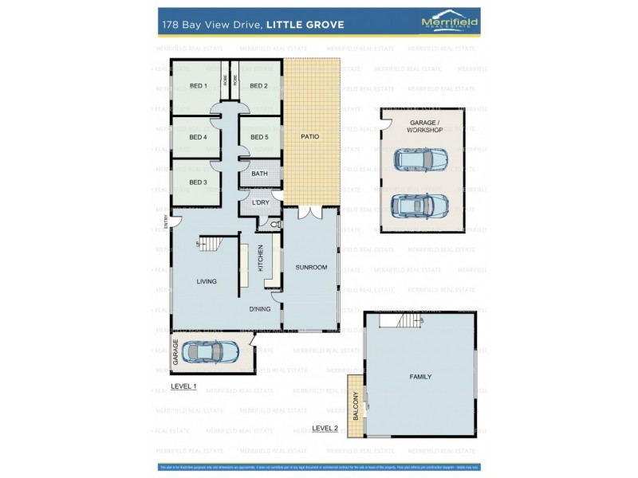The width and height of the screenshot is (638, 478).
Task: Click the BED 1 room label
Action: click(x=198, y=86)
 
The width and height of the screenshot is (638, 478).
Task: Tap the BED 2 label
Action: click(x=258, y=86)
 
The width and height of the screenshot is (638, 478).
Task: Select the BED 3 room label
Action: click(x=198, y=182)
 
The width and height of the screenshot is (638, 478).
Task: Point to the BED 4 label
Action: click(x=198, y=137)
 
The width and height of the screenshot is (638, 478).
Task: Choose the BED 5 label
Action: click(x=258, y=137)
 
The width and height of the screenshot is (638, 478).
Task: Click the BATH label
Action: click(x=259, y=174)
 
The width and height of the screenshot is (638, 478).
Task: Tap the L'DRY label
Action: click(x=260, y=204)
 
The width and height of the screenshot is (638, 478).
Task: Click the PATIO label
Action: click(x=309, y=137)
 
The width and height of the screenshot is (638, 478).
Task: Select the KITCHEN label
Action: click(x=261, y=258)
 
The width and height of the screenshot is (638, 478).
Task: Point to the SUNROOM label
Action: click(x=311, y=267)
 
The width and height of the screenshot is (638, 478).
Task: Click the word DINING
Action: click(x=260, y=309)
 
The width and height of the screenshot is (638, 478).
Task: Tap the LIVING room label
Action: click(x=207, y=281)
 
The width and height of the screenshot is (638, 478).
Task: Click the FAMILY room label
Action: click(x=420, y=376)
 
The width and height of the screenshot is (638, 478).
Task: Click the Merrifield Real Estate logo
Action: click(x=449, y=24)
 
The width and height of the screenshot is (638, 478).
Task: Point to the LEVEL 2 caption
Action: click(x=325, y=428)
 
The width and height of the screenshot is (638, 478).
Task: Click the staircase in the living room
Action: click(x=210, y=243)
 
